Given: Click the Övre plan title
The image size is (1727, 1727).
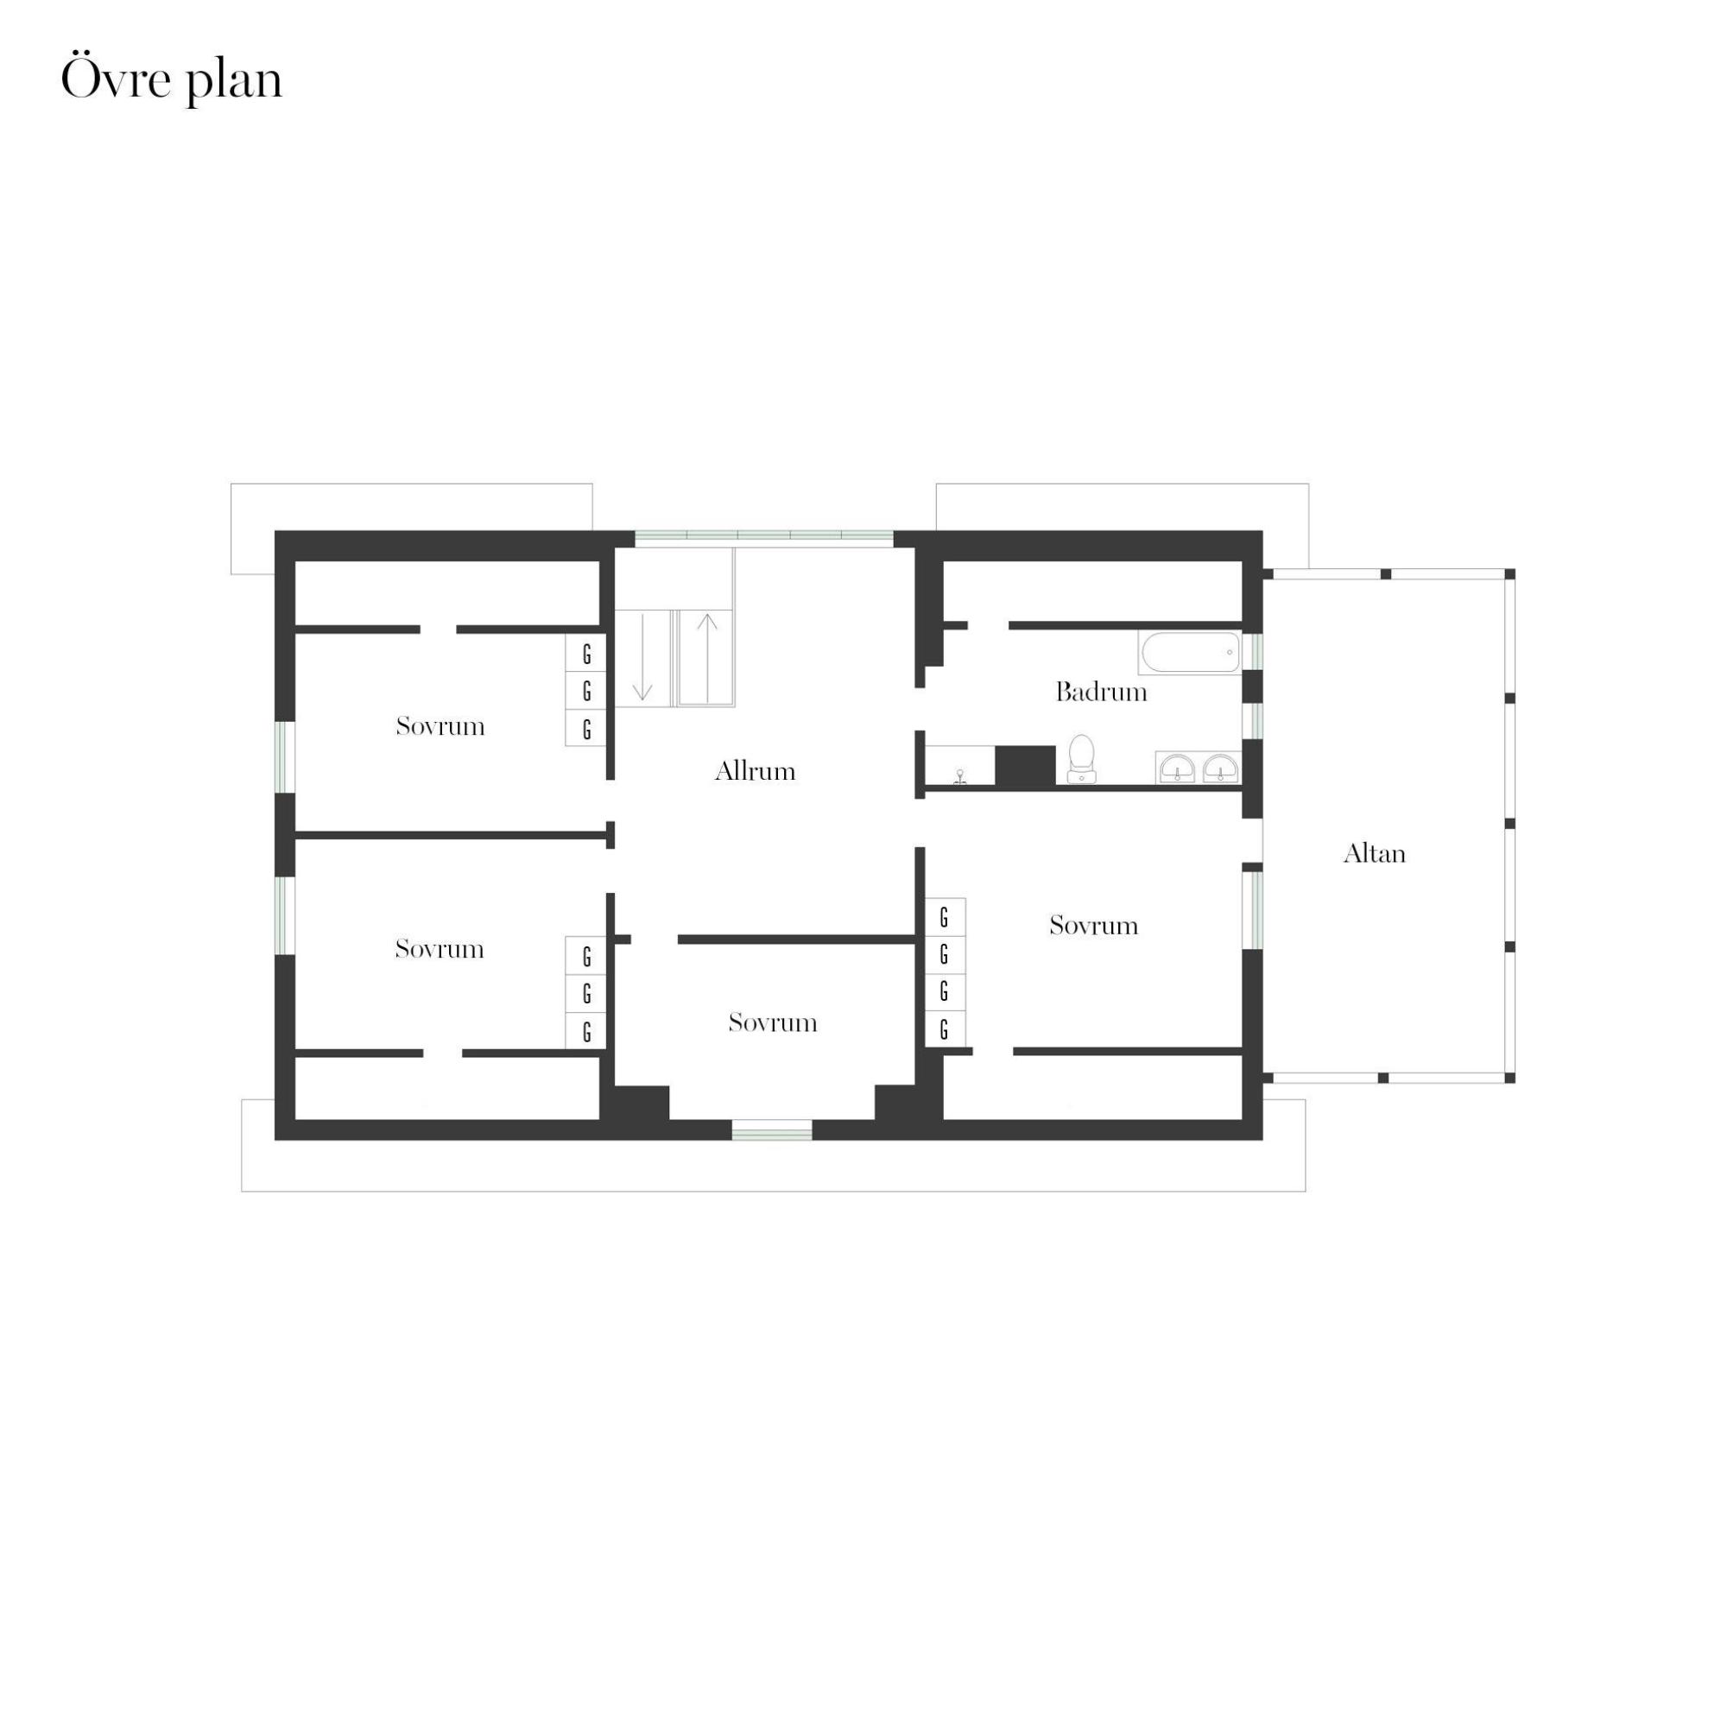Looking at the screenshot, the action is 172,80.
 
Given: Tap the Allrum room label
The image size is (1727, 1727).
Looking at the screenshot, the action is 756,770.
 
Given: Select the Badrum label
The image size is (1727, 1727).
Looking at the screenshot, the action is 1101,692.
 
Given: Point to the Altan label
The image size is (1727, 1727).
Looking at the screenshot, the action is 1375,854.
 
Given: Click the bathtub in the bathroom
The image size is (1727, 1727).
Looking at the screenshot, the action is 1191,654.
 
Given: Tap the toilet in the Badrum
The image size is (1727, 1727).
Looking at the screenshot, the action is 1082,759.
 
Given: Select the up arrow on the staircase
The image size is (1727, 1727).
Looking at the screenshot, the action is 707,659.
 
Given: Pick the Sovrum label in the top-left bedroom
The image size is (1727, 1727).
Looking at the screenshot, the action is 440,726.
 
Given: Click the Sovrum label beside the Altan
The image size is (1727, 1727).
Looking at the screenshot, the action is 1094,925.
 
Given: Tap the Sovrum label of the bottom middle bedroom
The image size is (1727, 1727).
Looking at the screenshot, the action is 773,1022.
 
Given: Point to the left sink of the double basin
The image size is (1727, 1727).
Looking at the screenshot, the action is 1177,768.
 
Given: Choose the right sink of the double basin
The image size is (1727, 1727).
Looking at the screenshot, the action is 1220,768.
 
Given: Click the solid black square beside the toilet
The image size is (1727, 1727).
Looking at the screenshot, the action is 1025,766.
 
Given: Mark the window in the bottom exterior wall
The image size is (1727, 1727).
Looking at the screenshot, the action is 772,1129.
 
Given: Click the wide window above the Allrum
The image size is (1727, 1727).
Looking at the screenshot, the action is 764,538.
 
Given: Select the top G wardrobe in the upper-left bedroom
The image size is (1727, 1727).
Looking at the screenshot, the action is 586,655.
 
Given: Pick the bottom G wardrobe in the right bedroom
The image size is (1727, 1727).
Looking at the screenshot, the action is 945,1030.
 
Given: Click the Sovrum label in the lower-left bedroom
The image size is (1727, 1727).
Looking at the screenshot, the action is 440,948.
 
